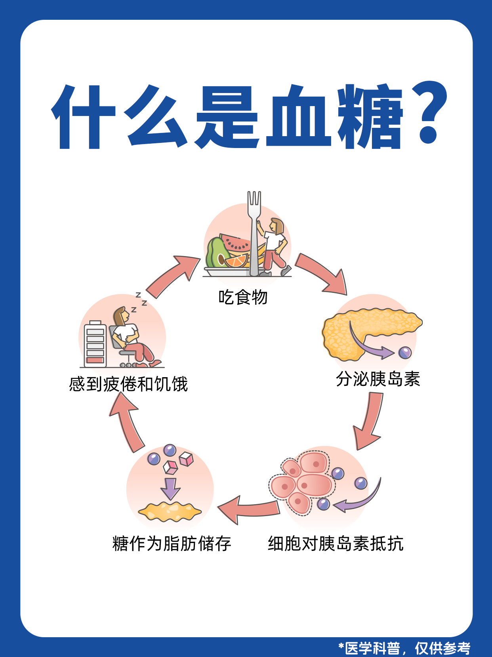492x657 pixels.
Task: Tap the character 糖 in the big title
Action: click(370, 117)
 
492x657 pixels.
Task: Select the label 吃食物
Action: click(243, 297)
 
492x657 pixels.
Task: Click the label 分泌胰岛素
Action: click(378, 379)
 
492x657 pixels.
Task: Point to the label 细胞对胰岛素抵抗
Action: click(336, 543)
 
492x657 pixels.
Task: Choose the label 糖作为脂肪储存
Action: click(172, 543)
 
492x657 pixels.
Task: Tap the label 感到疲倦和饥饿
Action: click(128, 384)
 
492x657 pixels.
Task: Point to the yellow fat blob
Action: click(170, 511)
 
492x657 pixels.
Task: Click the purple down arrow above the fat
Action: click(170, 489)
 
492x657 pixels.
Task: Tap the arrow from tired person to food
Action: click(174, 275)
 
